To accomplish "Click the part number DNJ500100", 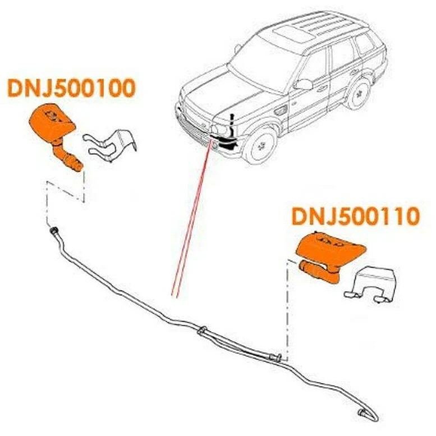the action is [x=71, y=88].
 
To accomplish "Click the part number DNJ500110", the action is [x=355, y=217].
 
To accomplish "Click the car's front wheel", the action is [x=261, y=146].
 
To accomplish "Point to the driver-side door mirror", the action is [x=303, y=84].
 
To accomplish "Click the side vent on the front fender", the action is [x=279, y=111].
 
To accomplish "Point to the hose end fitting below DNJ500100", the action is [x=53, y=231].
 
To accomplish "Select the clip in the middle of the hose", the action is [x=202, y=331].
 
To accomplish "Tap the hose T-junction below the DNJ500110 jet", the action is [x=276, y=356].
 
